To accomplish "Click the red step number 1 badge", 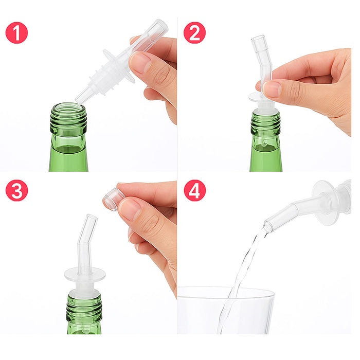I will [x=16, y=32].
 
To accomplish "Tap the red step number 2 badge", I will [x=194, y=32].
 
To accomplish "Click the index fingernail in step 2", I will [x=272, y=89].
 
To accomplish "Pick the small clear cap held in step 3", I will [x=113, y=199].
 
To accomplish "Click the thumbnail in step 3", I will [x=131, y=209].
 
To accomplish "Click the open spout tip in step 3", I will [x=91, y=218].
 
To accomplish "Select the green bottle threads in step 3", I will [x=84, y=305].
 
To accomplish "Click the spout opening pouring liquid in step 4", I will [x=268, y=225].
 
